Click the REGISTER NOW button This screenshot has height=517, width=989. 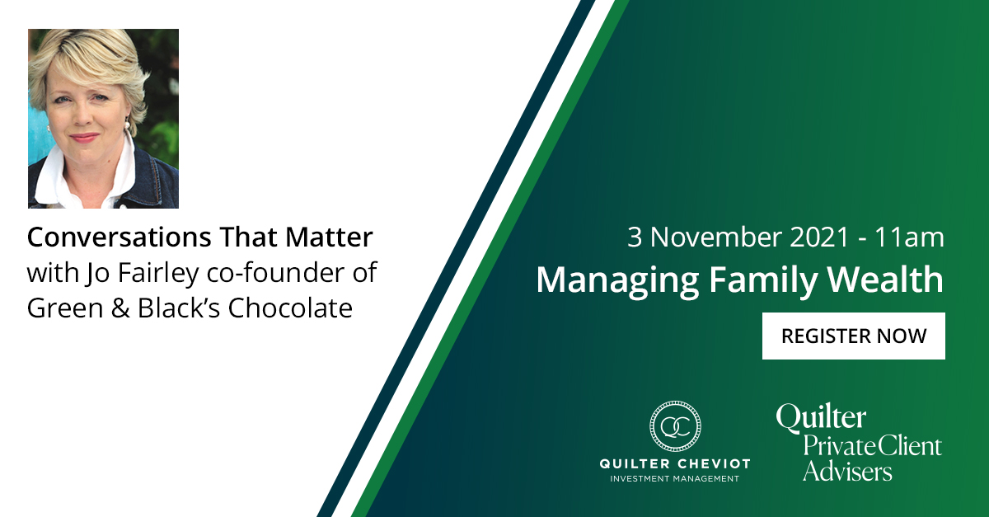pyautogui.click(x=853, y=336)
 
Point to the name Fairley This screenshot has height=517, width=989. pyautogui.click(x=136, y=273)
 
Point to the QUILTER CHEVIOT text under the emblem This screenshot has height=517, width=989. pyautogui.click(x=674, y=464)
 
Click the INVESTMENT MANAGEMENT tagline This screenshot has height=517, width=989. pyautogui.click(x=674, y=478)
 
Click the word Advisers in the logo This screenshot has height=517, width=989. pyautogui.click(x=847, y=471)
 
